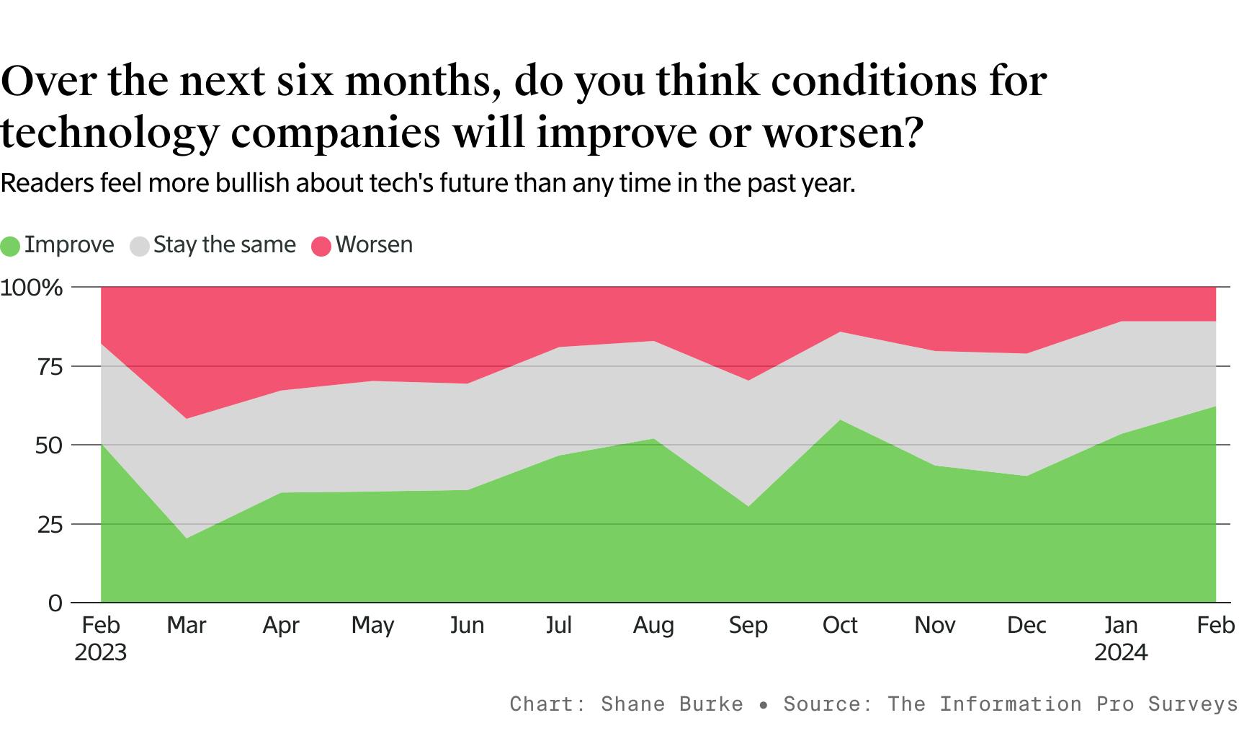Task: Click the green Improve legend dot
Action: coord(10,246)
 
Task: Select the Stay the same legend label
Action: coord(224,245)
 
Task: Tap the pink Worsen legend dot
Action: coord(321,246)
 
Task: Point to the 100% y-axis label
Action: coord(32,288)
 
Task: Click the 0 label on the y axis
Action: coord(55,603)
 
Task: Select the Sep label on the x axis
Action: coord(748,626)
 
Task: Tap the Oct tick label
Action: coord(840,625)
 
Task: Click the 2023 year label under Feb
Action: coord(101,653)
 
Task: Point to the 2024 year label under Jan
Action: coord(1121,653)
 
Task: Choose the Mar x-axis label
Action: coord(187,625)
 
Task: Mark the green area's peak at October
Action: coord(841,420)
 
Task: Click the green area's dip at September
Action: coord(748,507)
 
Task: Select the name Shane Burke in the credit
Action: coord(671,704)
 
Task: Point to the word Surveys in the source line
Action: coord(1193,704)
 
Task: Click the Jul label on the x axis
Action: coord(559,625)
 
